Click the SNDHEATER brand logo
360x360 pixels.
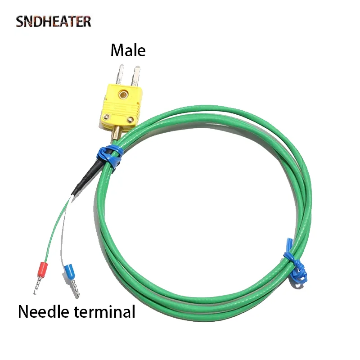tap(54, 21)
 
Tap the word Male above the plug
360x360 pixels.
tap(128, 50)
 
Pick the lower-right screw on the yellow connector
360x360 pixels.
tap(131, 119)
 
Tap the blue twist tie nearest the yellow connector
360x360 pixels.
tap(108, 158)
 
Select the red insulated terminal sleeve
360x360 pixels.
tap(43, 270)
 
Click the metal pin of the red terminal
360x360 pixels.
tap(37, 287)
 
